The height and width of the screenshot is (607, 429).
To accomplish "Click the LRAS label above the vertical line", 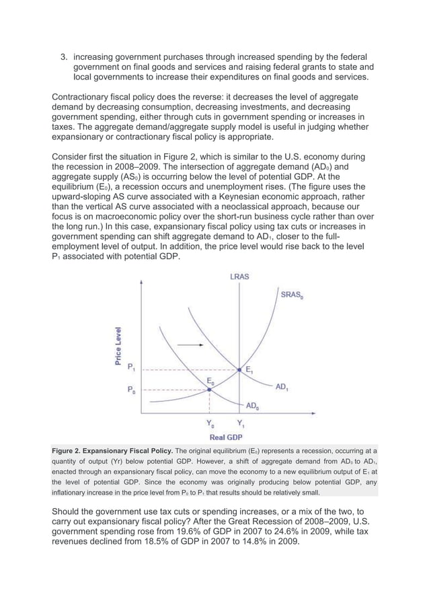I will pos(239,276).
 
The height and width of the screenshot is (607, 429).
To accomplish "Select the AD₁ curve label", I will pos(283,387).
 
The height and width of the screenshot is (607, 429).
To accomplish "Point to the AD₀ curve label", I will pos(253,406).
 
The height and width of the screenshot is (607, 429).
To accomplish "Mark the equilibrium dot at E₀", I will pos(210,390).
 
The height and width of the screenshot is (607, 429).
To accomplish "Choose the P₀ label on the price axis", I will pos(132,390).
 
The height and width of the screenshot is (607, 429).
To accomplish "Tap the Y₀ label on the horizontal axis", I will pos(210,425).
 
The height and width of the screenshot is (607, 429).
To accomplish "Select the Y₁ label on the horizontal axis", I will pos(240,425).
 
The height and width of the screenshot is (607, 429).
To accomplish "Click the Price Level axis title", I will pos(118,346).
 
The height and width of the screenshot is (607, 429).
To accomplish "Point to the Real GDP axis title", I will pos(225,437).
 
